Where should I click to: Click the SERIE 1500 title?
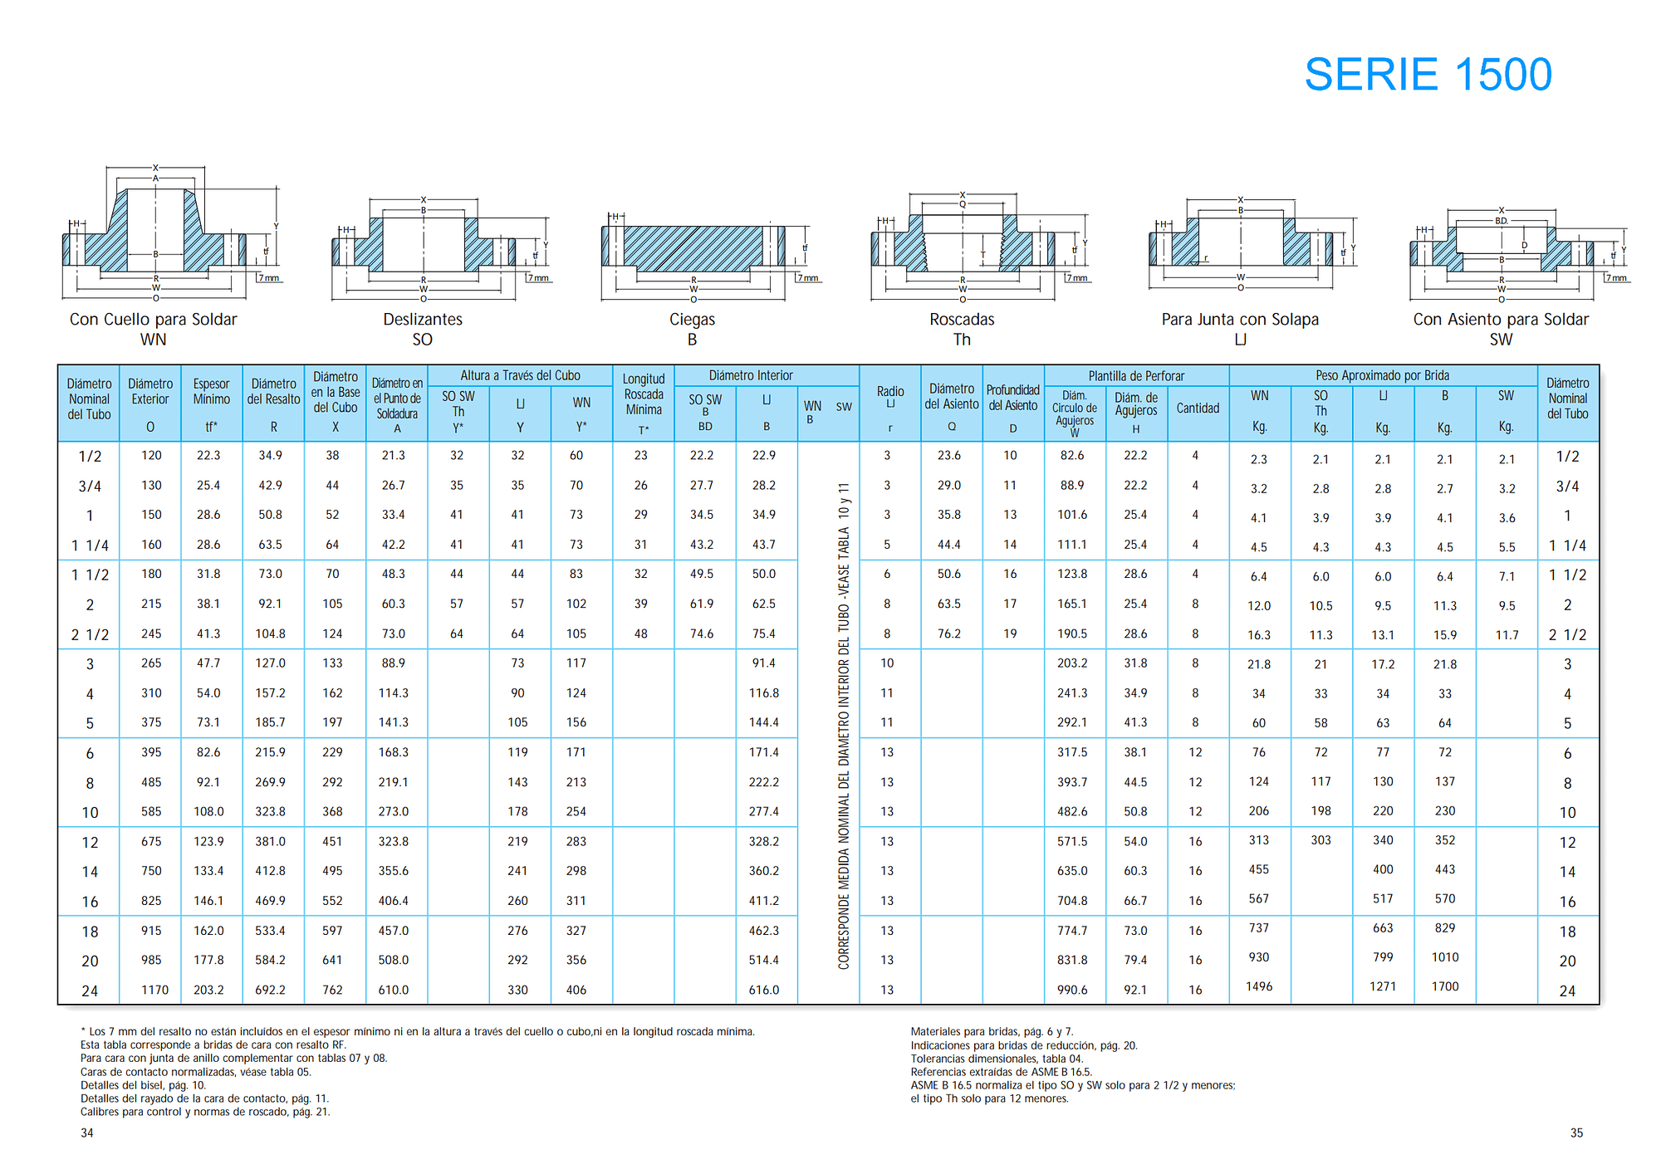(x=1428, y=75)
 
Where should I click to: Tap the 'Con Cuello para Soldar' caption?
(x=154, y=320)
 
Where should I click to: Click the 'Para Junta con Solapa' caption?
(x=1240, y=320)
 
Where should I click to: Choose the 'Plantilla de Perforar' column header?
(x=1136, y=376)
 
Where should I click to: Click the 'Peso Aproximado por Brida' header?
(x=1383, y=376)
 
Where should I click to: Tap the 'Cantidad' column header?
(x=1198, y=408)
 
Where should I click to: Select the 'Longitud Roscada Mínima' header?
(x=644, y=394)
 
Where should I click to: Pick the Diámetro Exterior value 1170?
(x=154, y=990)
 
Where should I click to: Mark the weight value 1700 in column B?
(x=1445, y=986)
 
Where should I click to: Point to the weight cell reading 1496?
(x=1259, y=986)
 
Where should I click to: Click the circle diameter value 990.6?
(x=1072, y=990)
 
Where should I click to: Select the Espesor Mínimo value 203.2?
(x=208, y=990)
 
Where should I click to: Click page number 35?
(x=1576, y=1133)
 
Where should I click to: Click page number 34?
(x=87, y=1133)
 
